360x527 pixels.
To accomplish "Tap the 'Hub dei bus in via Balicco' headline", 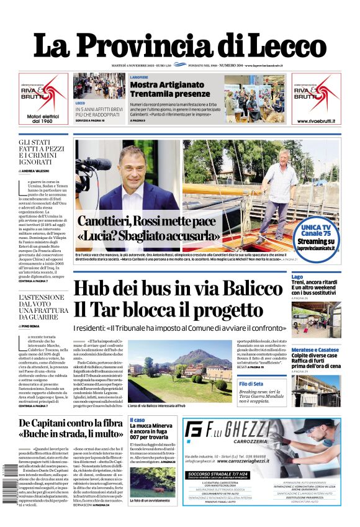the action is tap(178, 289).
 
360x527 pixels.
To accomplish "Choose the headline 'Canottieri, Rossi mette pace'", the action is tap(146, 222).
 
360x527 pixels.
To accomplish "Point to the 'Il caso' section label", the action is tap(137, 420).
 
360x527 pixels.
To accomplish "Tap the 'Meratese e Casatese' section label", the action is tap(315, 349).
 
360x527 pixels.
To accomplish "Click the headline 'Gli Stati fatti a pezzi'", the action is tap(43, 152).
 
